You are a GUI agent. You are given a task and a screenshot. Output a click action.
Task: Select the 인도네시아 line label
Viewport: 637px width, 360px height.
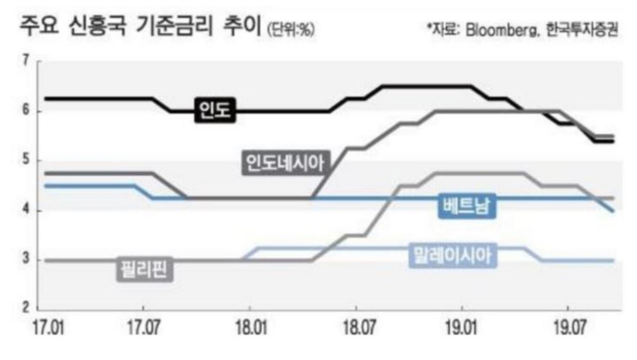point(283,162)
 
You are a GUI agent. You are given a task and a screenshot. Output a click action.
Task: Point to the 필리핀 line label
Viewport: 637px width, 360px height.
point(144,269)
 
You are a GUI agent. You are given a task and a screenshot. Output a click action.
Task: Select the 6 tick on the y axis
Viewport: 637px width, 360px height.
point(26,111)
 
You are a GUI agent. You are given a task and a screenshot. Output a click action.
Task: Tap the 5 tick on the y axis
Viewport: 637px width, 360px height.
point(26,160)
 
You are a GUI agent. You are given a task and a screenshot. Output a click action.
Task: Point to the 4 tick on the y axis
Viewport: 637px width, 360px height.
point(26,211)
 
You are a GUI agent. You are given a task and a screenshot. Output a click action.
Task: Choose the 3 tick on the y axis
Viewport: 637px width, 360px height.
point(26,260)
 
